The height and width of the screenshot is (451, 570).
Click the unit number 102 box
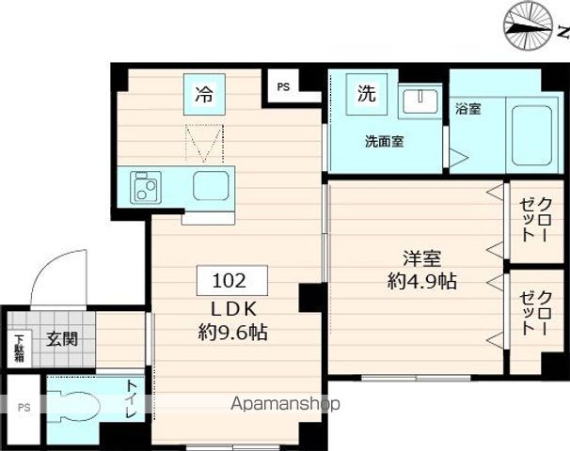[x=231, y=280]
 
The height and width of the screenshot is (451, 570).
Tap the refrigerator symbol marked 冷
[x=204, y=94]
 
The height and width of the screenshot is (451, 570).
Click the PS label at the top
[x=284, y=87]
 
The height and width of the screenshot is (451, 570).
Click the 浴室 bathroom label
[x=467, y=109]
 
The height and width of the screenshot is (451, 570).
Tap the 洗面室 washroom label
[x=385, y=143]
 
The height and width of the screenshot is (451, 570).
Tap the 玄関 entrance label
[x=62, y=338]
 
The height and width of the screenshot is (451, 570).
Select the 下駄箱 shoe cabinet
[x=19, y=348]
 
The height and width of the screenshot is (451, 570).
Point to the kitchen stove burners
[x=146, y=186]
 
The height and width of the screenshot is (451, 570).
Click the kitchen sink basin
[x=211, y=186]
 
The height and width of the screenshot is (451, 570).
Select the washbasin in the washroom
[x=420, y=101]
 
